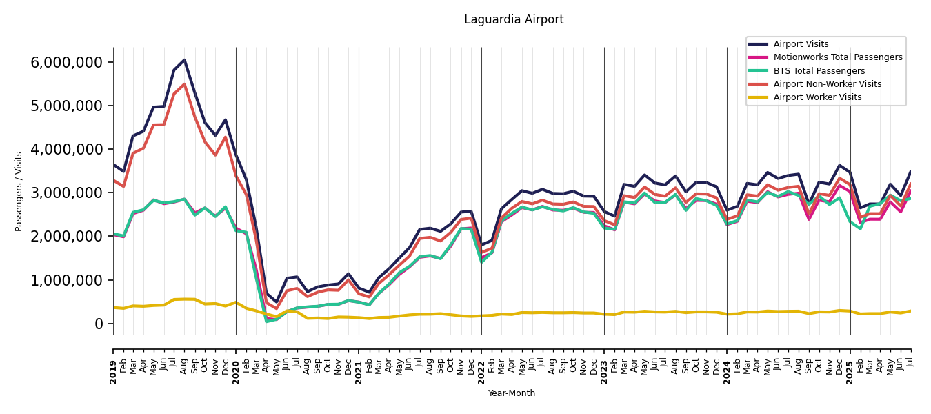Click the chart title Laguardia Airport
(x=514, y=20)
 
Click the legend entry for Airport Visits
(x=801, y=44)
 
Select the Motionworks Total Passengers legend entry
(x=838, y=57)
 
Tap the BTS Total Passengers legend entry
(x=819, y=71)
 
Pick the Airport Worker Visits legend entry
(x=817, y=97)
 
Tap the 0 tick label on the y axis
(x=99, y=324)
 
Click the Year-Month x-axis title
(x=512, y=393)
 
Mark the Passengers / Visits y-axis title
(x=19, y=191)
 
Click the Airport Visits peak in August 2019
(x=184, y=60)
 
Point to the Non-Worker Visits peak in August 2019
(x=184, y=84)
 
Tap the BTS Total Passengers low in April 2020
(x=266, y=321)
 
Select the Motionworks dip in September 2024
(x=809, y=219)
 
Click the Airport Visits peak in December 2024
(x=839, y=165)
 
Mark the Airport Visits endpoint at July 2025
(x=910, y=171)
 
